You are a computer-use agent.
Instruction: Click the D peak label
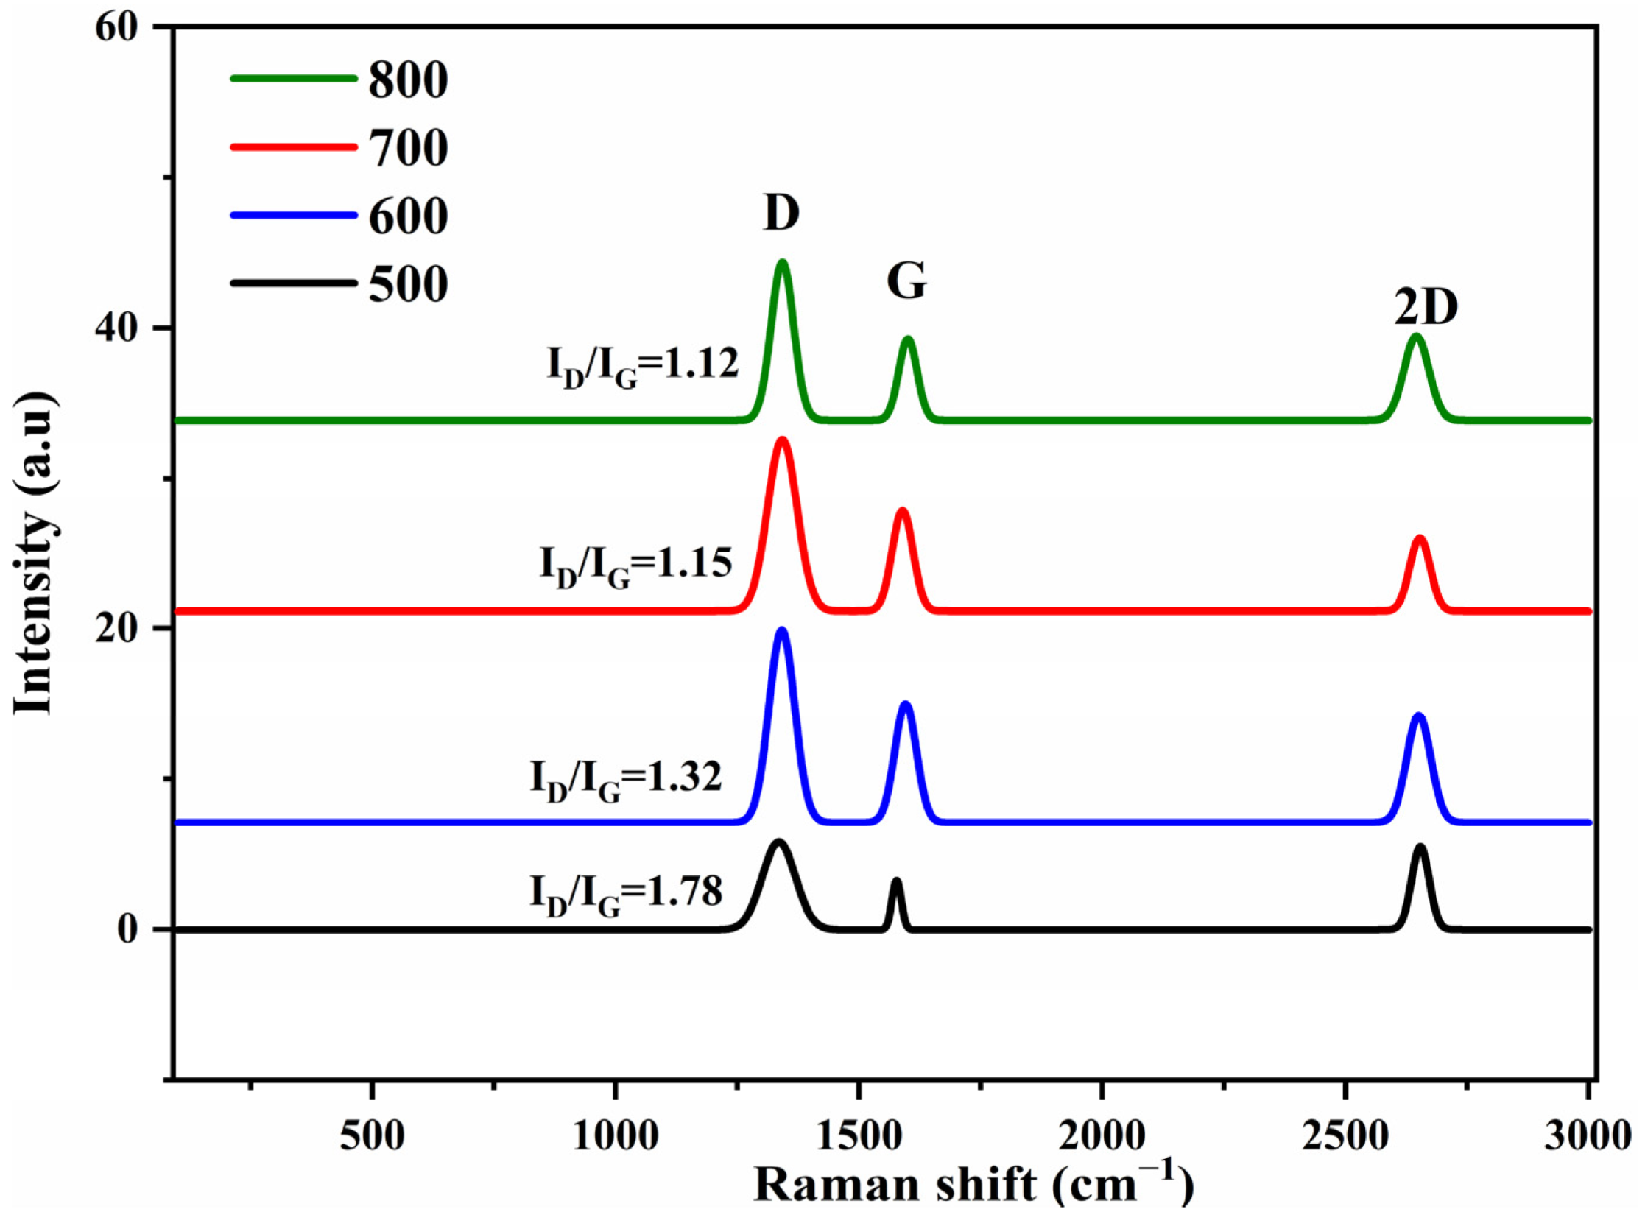[x=781, y=214]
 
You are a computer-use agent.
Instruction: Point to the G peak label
[x=906, y=281]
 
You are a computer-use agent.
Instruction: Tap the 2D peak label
[x=1426, y=309]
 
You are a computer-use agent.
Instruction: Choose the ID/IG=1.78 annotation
[x=627, y=895]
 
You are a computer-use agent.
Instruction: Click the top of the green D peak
[x=782, y=263]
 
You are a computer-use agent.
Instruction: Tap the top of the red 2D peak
[x=1420, y=539]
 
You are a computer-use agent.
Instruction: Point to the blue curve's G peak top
[x=906, y=705]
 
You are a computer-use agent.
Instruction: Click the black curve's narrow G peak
[x=896, y=882]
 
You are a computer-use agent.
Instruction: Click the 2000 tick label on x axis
[x=1102, y=1136]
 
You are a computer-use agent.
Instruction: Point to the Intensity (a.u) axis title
[x=35, y=552]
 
